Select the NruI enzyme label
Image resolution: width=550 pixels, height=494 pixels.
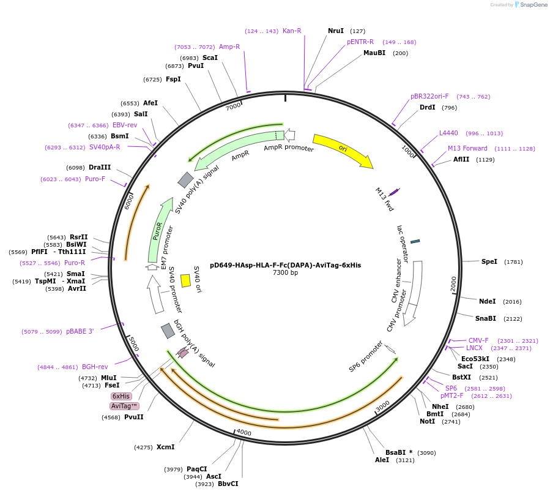[x=336, y=31]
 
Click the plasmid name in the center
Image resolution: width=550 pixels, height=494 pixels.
[x=285, y=265]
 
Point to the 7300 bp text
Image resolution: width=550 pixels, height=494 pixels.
[x=285, y=273]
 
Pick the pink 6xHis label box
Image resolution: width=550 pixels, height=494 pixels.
[x=121, y=396]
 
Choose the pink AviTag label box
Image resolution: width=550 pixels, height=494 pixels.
[x=124, y=406]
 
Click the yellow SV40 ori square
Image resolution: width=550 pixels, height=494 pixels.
[x=185, y=280]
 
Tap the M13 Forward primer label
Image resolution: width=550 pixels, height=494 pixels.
[x=467, y=148]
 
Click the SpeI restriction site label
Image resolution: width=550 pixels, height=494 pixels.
[x=489, y=261]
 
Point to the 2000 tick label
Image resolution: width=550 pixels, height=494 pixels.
[x=453, y=284]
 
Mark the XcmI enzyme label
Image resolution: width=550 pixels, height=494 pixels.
[x=165, y=447]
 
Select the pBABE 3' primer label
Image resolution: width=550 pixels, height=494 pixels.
[x=80, y=331]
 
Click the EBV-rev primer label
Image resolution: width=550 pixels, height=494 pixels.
[x=125, y=125]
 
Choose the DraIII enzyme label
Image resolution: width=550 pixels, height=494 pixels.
[x=100, y=167]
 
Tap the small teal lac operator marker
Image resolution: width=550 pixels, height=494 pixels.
[x=415, y=241]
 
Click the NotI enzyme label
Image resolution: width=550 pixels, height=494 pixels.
[x=427, y=421]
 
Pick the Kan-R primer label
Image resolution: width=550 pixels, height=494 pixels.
[x=292, y=31]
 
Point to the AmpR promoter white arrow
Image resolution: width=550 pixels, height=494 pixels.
[x=290, y=135]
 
